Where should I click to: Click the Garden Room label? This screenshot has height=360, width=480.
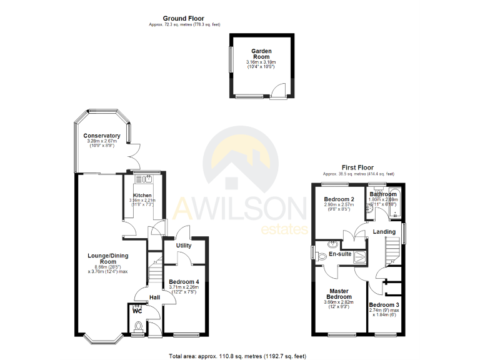coord(261,54)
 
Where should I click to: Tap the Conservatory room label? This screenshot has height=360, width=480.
coord(101,136)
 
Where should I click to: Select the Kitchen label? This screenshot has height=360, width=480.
coord(142,196)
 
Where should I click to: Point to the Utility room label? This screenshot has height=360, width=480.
coord(183,246)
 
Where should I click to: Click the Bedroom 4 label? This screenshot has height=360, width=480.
coord(183,281)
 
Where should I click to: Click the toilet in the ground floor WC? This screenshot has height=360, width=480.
coord(139,326)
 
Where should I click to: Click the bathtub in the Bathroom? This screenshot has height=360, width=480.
coord(396,202)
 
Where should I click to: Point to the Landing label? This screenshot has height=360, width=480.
coord(384,232)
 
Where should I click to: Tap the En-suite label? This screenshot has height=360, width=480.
coord(340,254)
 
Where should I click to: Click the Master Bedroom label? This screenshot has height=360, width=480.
coord(339,294)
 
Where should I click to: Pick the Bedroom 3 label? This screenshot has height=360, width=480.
coord(384,305)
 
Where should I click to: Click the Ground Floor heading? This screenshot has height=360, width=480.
coord(183,19)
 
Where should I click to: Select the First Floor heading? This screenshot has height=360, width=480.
coord(357,167)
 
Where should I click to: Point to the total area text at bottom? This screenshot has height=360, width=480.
coord(237,356)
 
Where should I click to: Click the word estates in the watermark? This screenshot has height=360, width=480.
coord(283,229)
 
